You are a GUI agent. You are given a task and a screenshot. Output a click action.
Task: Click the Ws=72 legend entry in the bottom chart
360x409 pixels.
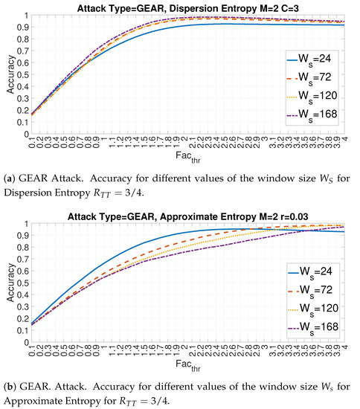coord(315,284)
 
